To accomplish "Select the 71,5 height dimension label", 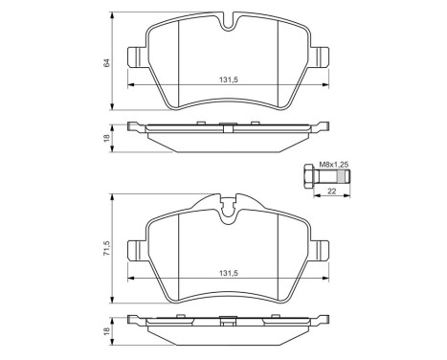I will pyautogui.click(x=108, y=247).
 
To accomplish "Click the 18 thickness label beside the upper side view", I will pyautogui.click(x=108, y=138).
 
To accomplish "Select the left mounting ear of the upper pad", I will pyautogui.click(x=137, y=59).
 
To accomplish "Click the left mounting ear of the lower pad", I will pyautogui.click(x=137, y=248).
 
